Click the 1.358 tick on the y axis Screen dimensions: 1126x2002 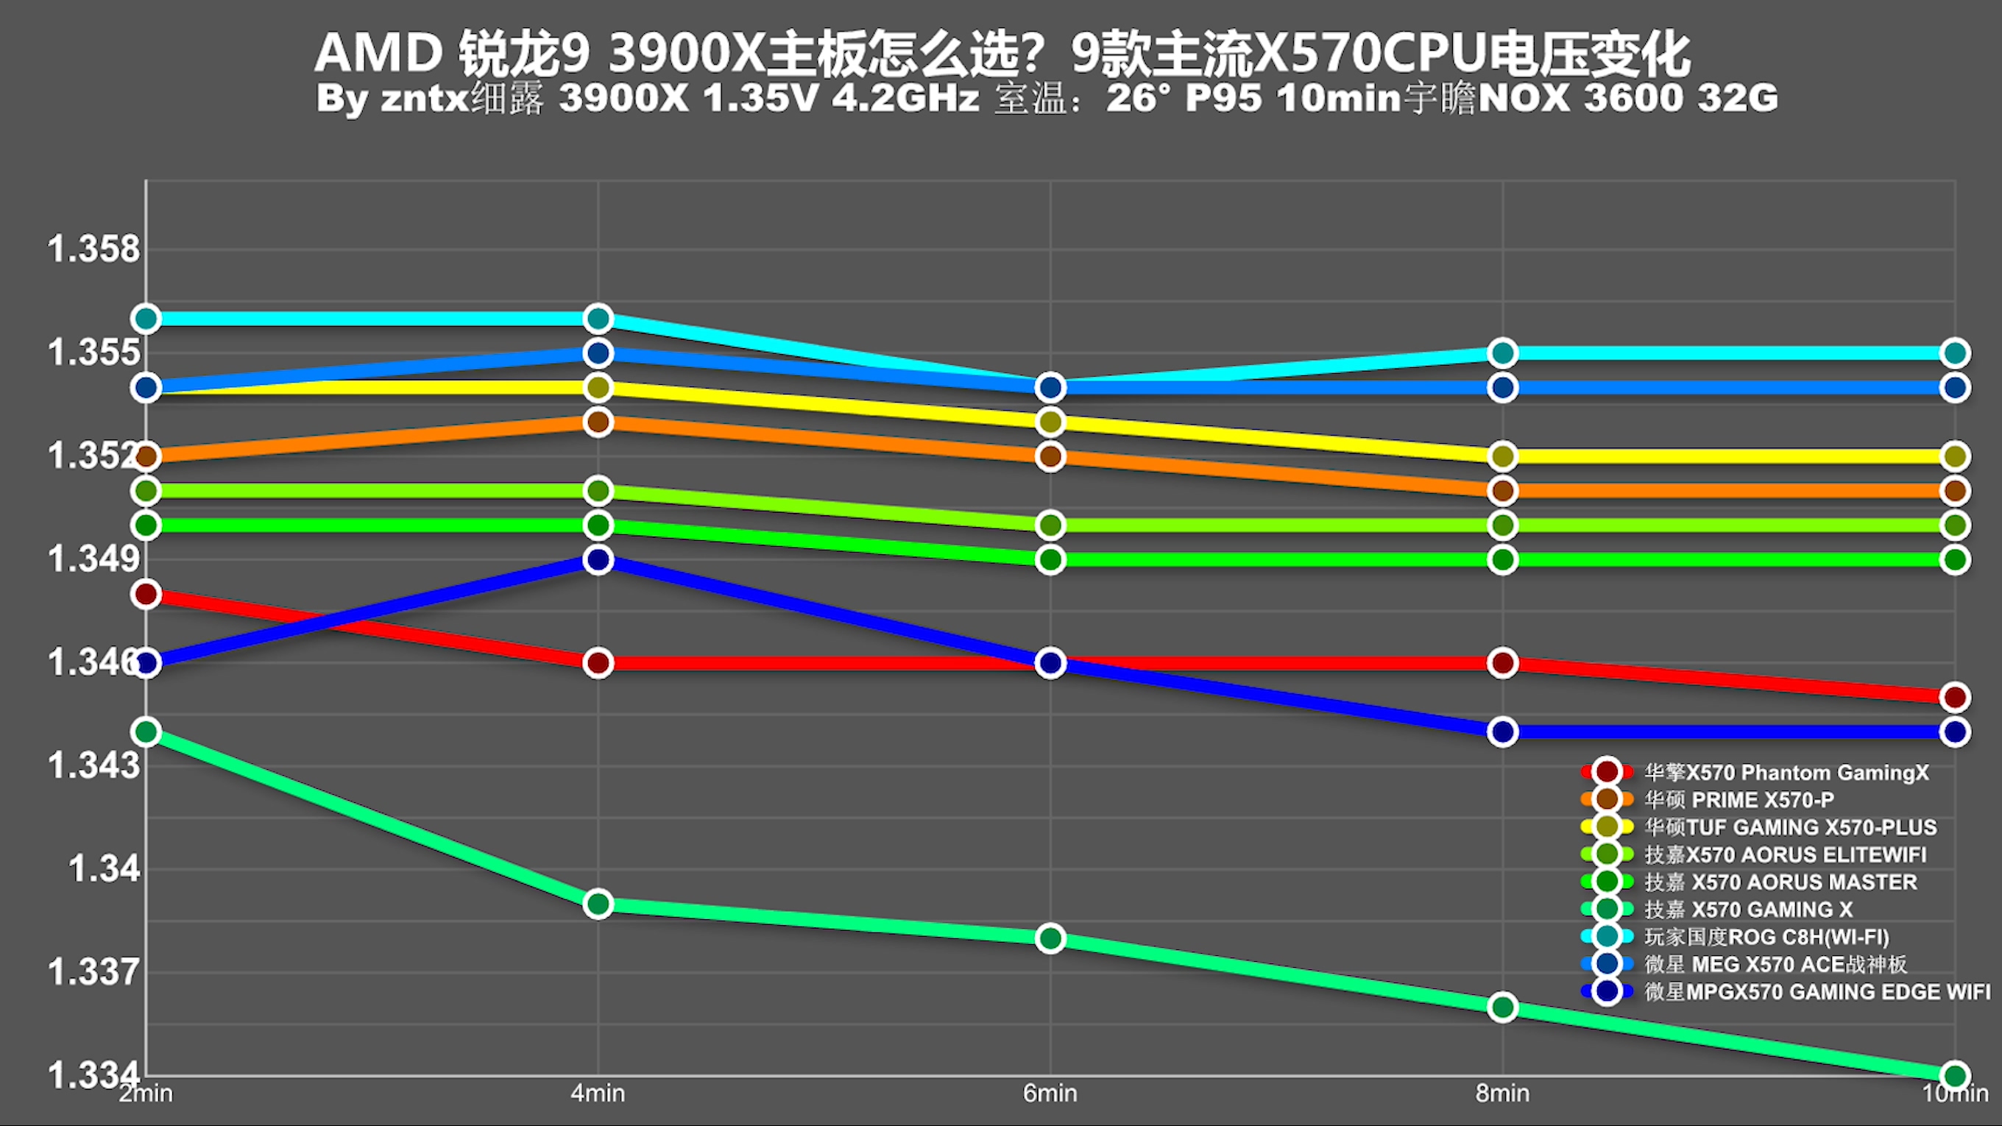pos(93,249)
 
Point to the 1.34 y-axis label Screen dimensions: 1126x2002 pos(104,868)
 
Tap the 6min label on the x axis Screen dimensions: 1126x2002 pos(1050,1094)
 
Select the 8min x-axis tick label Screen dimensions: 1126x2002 pos(1502,1094)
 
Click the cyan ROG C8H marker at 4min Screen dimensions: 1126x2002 pos(598,319)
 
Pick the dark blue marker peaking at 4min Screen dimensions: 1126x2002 pos(598,559)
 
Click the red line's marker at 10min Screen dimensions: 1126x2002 pos(1955,697)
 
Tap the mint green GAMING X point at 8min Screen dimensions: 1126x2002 pos(1502,1007)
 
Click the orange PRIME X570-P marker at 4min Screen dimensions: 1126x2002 pos(598,422)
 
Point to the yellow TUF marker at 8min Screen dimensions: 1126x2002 pos(1502,456)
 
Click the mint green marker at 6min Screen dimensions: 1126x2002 pos(1050,938)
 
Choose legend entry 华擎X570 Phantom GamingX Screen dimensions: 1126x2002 pos(1786,773)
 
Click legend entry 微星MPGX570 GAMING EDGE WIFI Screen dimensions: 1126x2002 pos(1817,991)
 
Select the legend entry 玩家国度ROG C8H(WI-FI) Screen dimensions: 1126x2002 pos(1766,937)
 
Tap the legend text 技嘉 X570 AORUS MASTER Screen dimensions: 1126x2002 pos(1780,882)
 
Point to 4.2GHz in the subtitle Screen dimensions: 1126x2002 pos(905,99)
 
